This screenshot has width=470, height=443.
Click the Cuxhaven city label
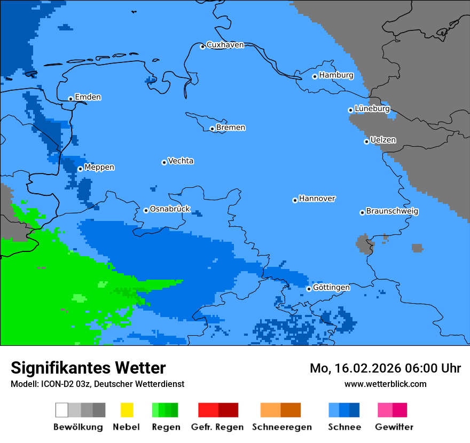coord(225,45)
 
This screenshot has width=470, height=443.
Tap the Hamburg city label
coord(336,75)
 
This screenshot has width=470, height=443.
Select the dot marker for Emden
coord(70,99)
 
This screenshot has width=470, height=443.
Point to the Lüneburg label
coord(372,108)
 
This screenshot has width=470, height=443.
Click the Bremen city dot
coord(212,129)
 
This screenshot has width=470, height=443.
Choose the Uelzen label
coord(383,140)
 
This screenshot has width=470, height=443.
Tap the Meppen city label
coord(99,168)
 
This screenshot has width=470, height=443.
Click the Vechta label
coord(181,161)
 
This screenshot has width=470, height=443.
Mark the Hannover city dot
coord(295,200)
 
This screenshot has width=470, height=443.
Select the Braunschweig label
coord(392,211)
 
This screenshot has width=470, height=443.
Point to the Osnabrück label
coord(170,209)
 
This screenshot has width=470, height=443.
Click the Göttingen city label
coord(331,288)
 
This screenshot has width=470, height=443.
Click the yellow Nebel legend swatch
coord(127,410)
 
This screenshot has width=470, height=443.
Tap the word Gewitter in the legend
coord(394,427)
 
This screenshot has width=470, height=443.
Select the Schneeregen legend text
coord(281,427)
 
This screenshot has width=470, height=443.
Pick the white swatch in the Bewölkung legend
coord(62,410)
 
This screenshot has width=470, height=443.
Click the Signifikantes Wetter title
coord(88,368)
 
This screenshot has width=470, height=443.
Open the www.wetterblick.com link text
coord(385,384)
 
